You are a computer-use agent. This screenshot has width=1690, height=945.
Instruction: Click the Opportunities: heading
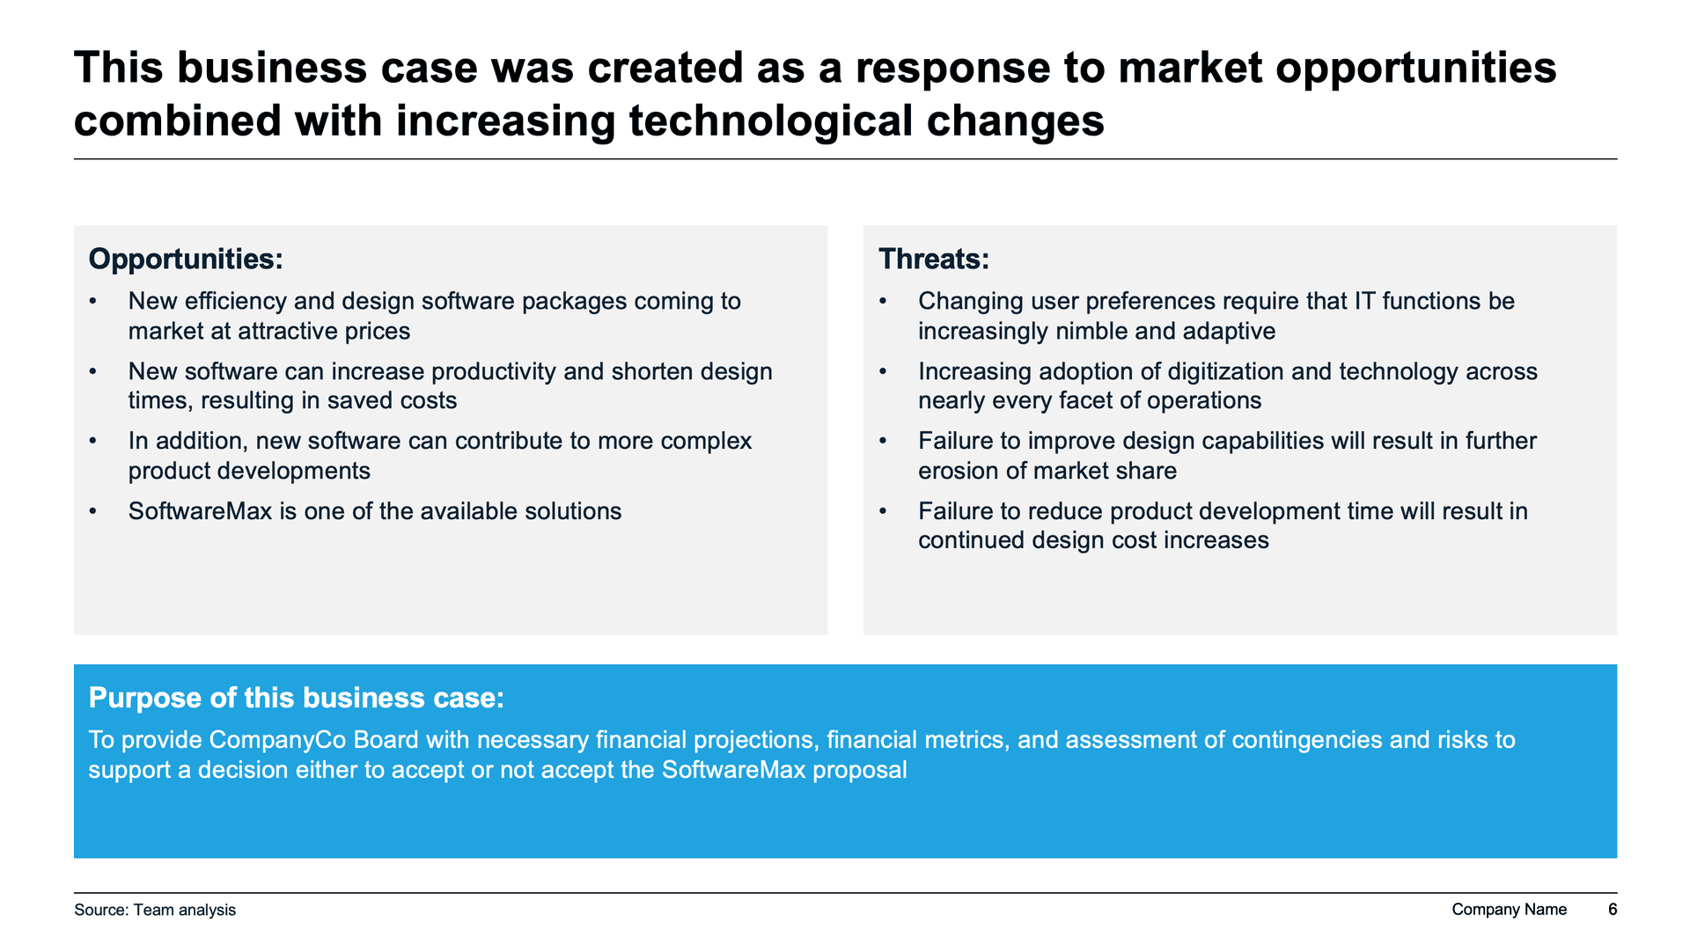pyautogui.click(x=186, y=260)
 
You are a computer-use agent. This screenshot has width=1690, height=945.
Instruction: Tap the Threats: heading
pyautogui.click(x=934, y=260)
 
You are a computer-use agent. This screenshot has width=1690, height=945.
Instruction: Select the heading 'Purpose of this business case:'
pyautogui.click(x=297, y=698)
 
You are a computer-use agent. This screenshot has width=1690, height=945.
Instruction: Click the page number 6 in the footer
pyautogui.click(x=1613, y=910)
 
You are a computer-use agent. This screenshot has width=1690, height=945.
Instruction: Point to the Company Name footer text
pyautogui.click(x=1509, y=910)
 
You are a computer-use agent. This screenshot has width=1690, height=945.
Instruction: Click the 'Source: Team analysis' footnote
pyautogui.click(x=155, y=910)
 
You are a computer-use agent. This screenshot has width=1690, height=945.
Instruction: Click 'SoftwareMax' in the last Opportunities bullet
pyautogui.click(x=200, y=511)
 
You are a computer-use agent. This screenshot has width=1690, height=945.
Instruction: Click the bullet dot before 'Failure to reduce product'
pyautogui.click(x=884, y=511)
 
